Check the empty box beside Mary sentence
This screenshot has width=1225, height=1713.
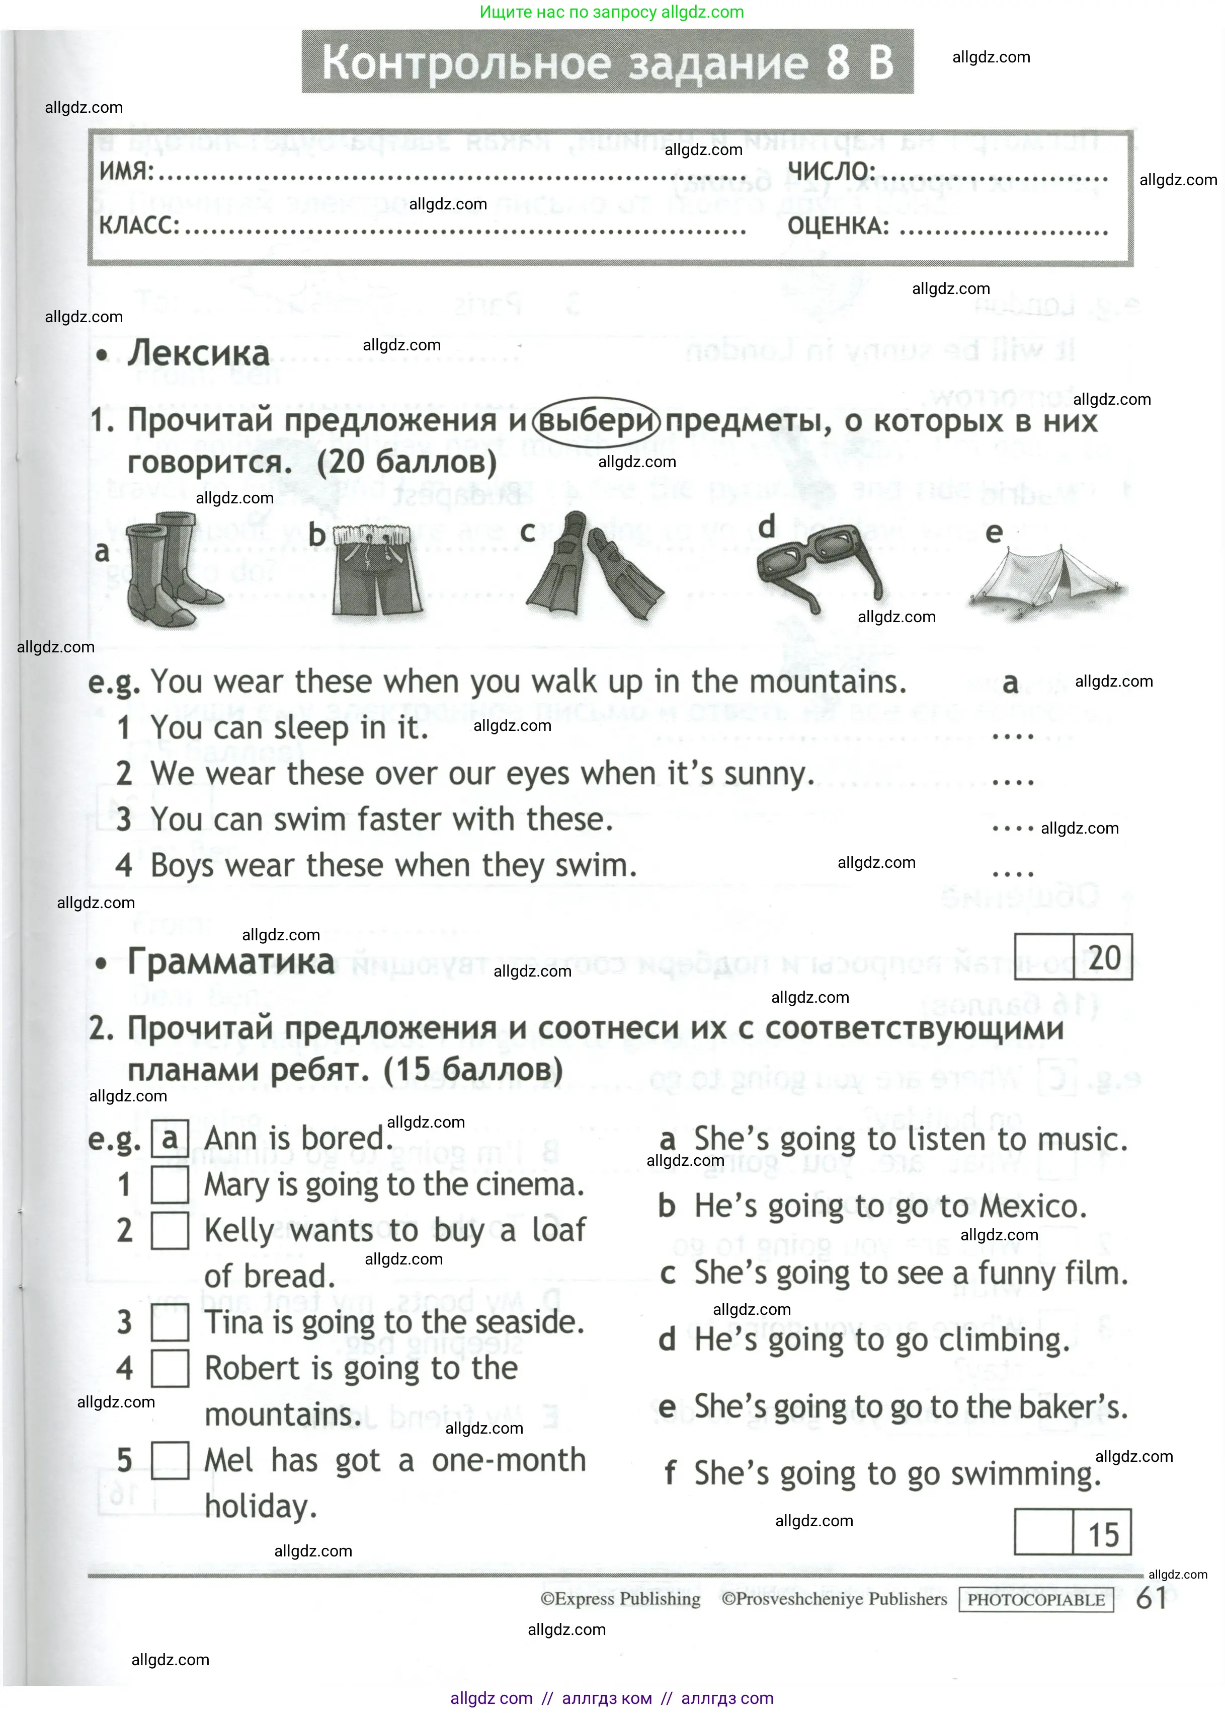(x=170, y=1185)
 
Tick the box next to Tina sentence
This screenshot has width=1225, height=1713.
(x=170, y=1323)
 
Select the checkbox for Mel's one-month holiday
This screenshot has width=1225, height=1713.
(x=170, y=1460)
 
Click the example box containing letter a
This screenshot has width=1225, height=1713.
(x=170, y=1138)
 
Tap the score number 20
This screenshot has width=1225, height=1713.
(x=1103, y=957)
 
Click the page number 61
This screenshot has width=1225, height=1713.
(x=1151, y=1598)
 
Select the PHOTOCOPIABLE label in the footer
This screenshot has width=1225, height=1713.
(x=1036, y=1600)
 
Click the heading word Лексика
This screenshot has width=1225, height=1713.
(x=198, y=353)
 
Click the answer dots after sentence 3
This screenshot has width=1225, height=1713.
(x=1012, y=828)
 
